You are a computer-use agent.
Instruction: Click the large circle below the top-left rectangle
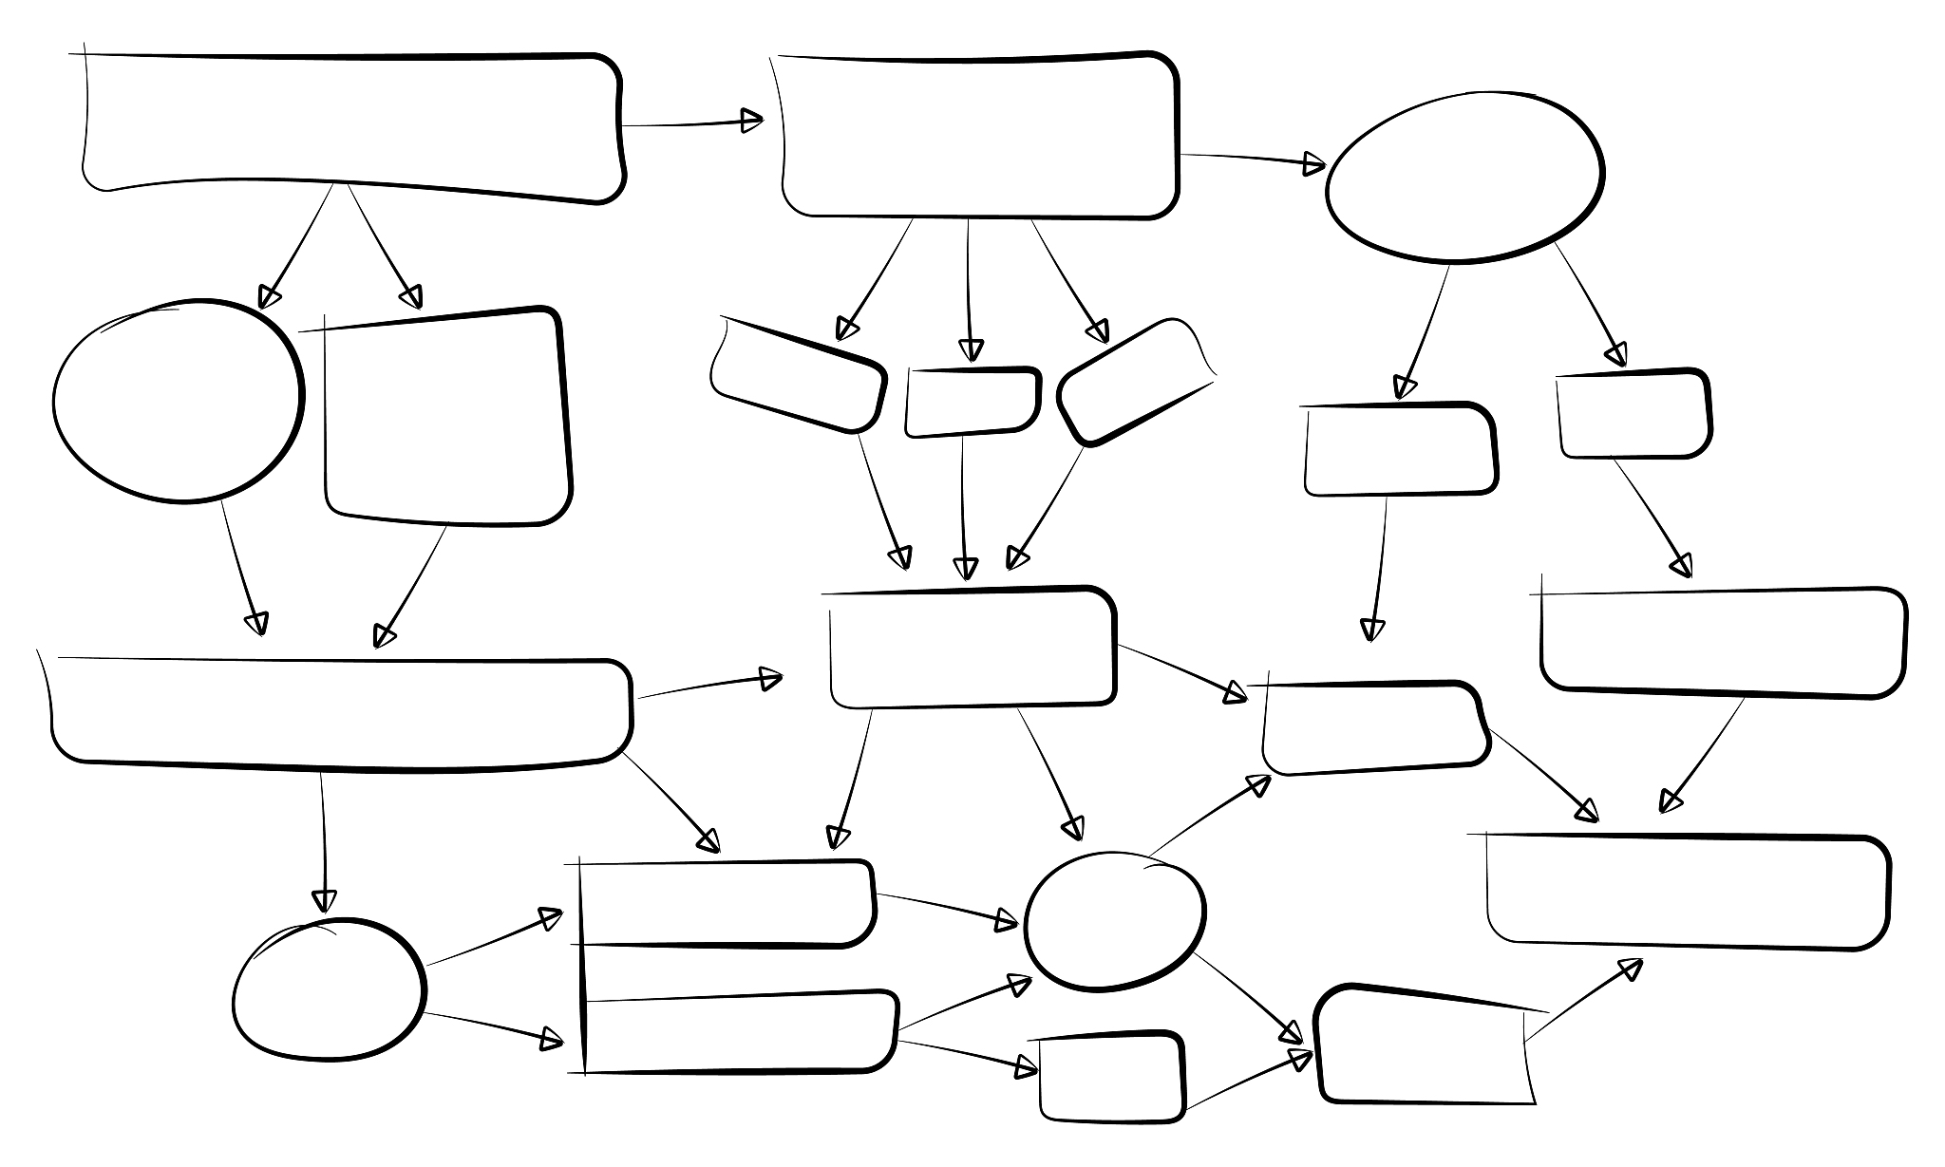pyautogui.click(x=178, y=401)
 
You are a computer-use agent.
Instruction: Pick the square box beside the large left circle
pyautogui.click(x=446, y=418)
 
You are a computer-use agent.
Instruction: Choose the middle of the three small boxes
pyautogui.click(x=972, y=402)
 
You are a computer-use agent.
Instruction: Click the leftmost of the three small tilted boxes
pyautogui.click(x=798, y=375)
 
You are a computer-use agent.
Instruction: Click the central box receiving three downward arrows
pyautogui.click(x=971, y=648)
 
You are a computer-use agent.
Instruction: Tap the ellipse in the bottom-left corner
pyautogui.click(x=329, y=988)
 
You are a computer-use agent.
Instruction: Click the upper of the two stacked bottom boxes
pyautogui.click(x=726, y=903)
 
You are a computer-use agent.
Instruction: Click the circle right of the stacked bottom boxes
pyautogui.click(x=1114, y=919)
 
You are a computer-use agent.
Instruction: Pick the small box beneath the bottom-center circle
pyautogui.click(x=1111, y=1079)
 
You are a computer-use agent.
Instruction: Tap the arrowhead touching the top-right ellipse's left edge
pyautogui.click(x=1314, y=164)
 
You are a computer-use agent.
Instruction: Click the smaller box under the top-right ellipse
pyautogui.click(x=1633, y=414)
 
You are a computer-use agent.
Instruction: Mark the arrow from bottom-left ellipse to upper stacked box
pyautogui.click(x=494, y=939)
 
